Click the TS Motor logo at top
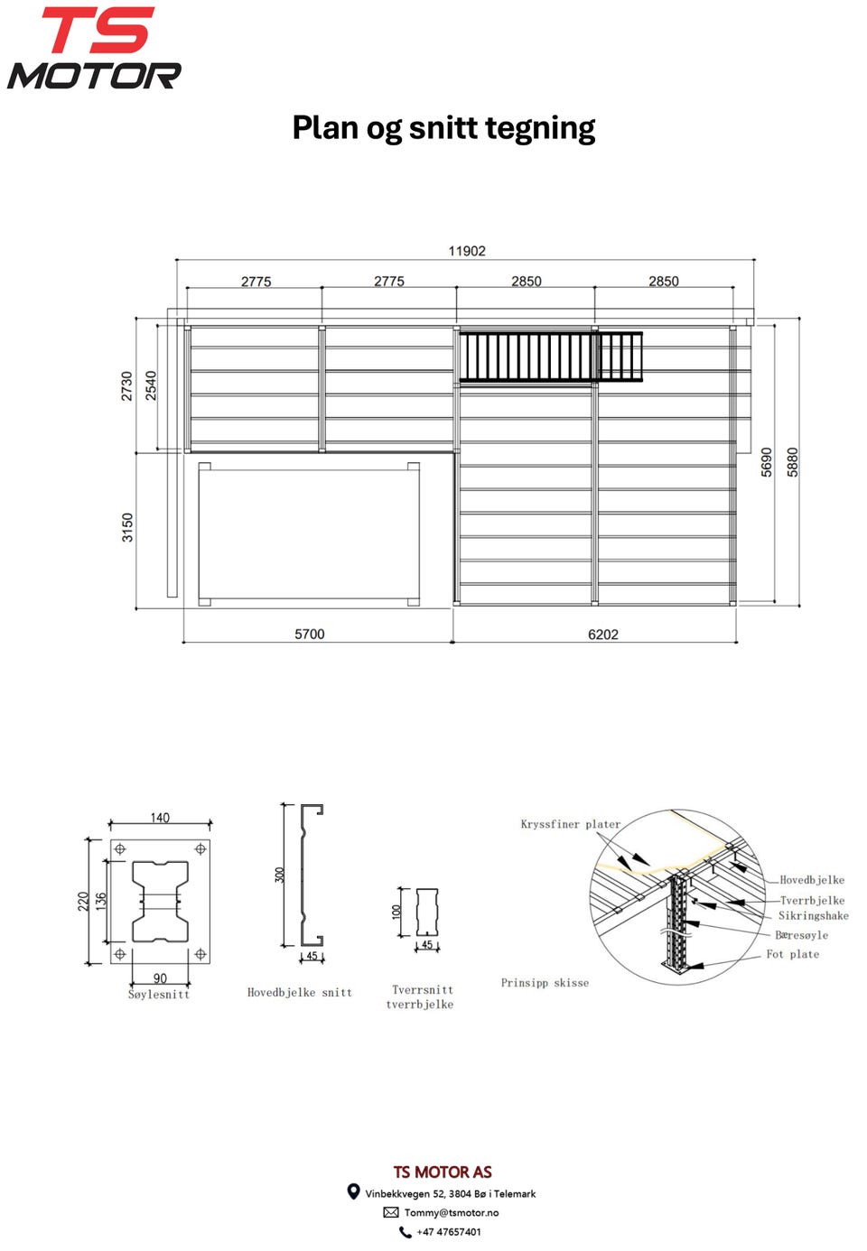[94, 48]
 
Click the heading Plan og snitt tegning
[443, 128]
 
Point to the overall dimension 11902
[467, 251]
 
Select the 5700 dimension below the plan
[310, 634]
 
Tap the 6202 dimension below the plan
[603, 634]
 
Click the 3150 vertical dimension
[127, 527]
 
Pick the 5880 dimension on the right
[792, 462]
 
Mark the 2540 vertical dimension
[151, 385]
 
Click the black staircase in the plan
[551, 357]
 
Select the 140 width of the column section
[160, 818]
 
